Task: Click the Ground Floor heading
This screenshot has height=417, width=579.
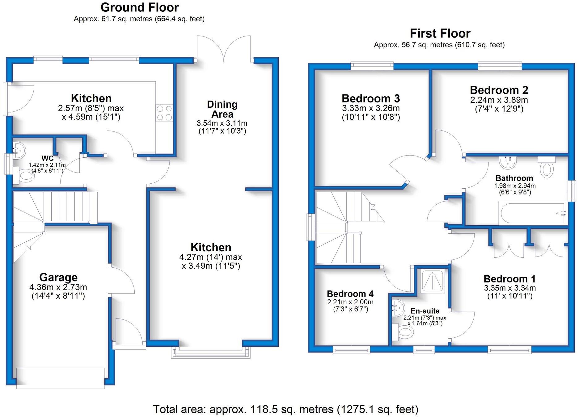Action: (x=139, y=7)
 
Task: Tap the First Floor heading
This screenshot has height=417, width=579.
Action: (x=440, y=33)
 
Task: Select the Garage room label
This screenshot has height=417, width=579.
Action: (x=58, y=277)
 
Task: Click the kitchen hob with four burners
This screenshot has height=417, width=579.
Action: (x=164, y=113)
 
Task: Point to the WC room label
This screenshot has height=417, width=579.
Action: (x=47, y=158)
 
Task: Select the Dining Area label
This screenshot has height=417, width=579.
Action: (x=222, y=109)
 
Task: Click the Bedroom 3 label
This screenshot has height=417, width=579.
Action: (x=371, y=98)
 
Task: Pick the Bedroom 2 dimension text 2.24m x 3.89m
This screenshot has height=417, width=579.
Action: (x=499, y=100)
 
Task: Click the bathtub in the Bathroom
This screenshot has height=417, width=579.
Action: (x=533, y=213)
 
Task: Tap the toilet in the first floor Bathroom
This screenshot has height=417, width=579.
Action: (x=547, y=168)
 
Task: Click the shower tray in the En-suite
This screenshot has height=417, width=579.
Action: (x=433, y=281)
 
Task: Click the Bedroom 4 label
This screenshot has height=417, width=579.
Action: (x=350, y=294)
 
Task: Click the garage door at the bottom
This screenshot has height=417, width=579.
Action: (x=61, y=378)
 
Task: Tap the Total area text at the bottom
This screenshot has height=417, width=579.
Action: (x=285, y=409)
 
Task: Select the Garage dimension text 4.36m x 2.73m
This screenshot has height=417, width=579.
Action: (x=58, y=287)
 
